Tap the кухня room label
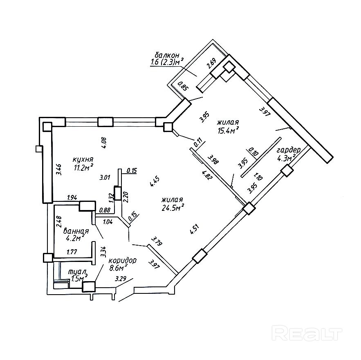tap(83, 159)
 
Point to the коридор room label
tap(123, 260)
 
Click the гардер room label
tap(289, 150)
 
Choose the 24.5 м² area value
tap(173, 208)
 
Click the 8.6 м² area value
tap(118, 268)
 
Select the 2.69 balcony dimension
tap(211, 65)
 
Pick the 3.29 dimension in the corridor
tap(121, 280)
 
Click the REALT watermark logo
tap(307, 333)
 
